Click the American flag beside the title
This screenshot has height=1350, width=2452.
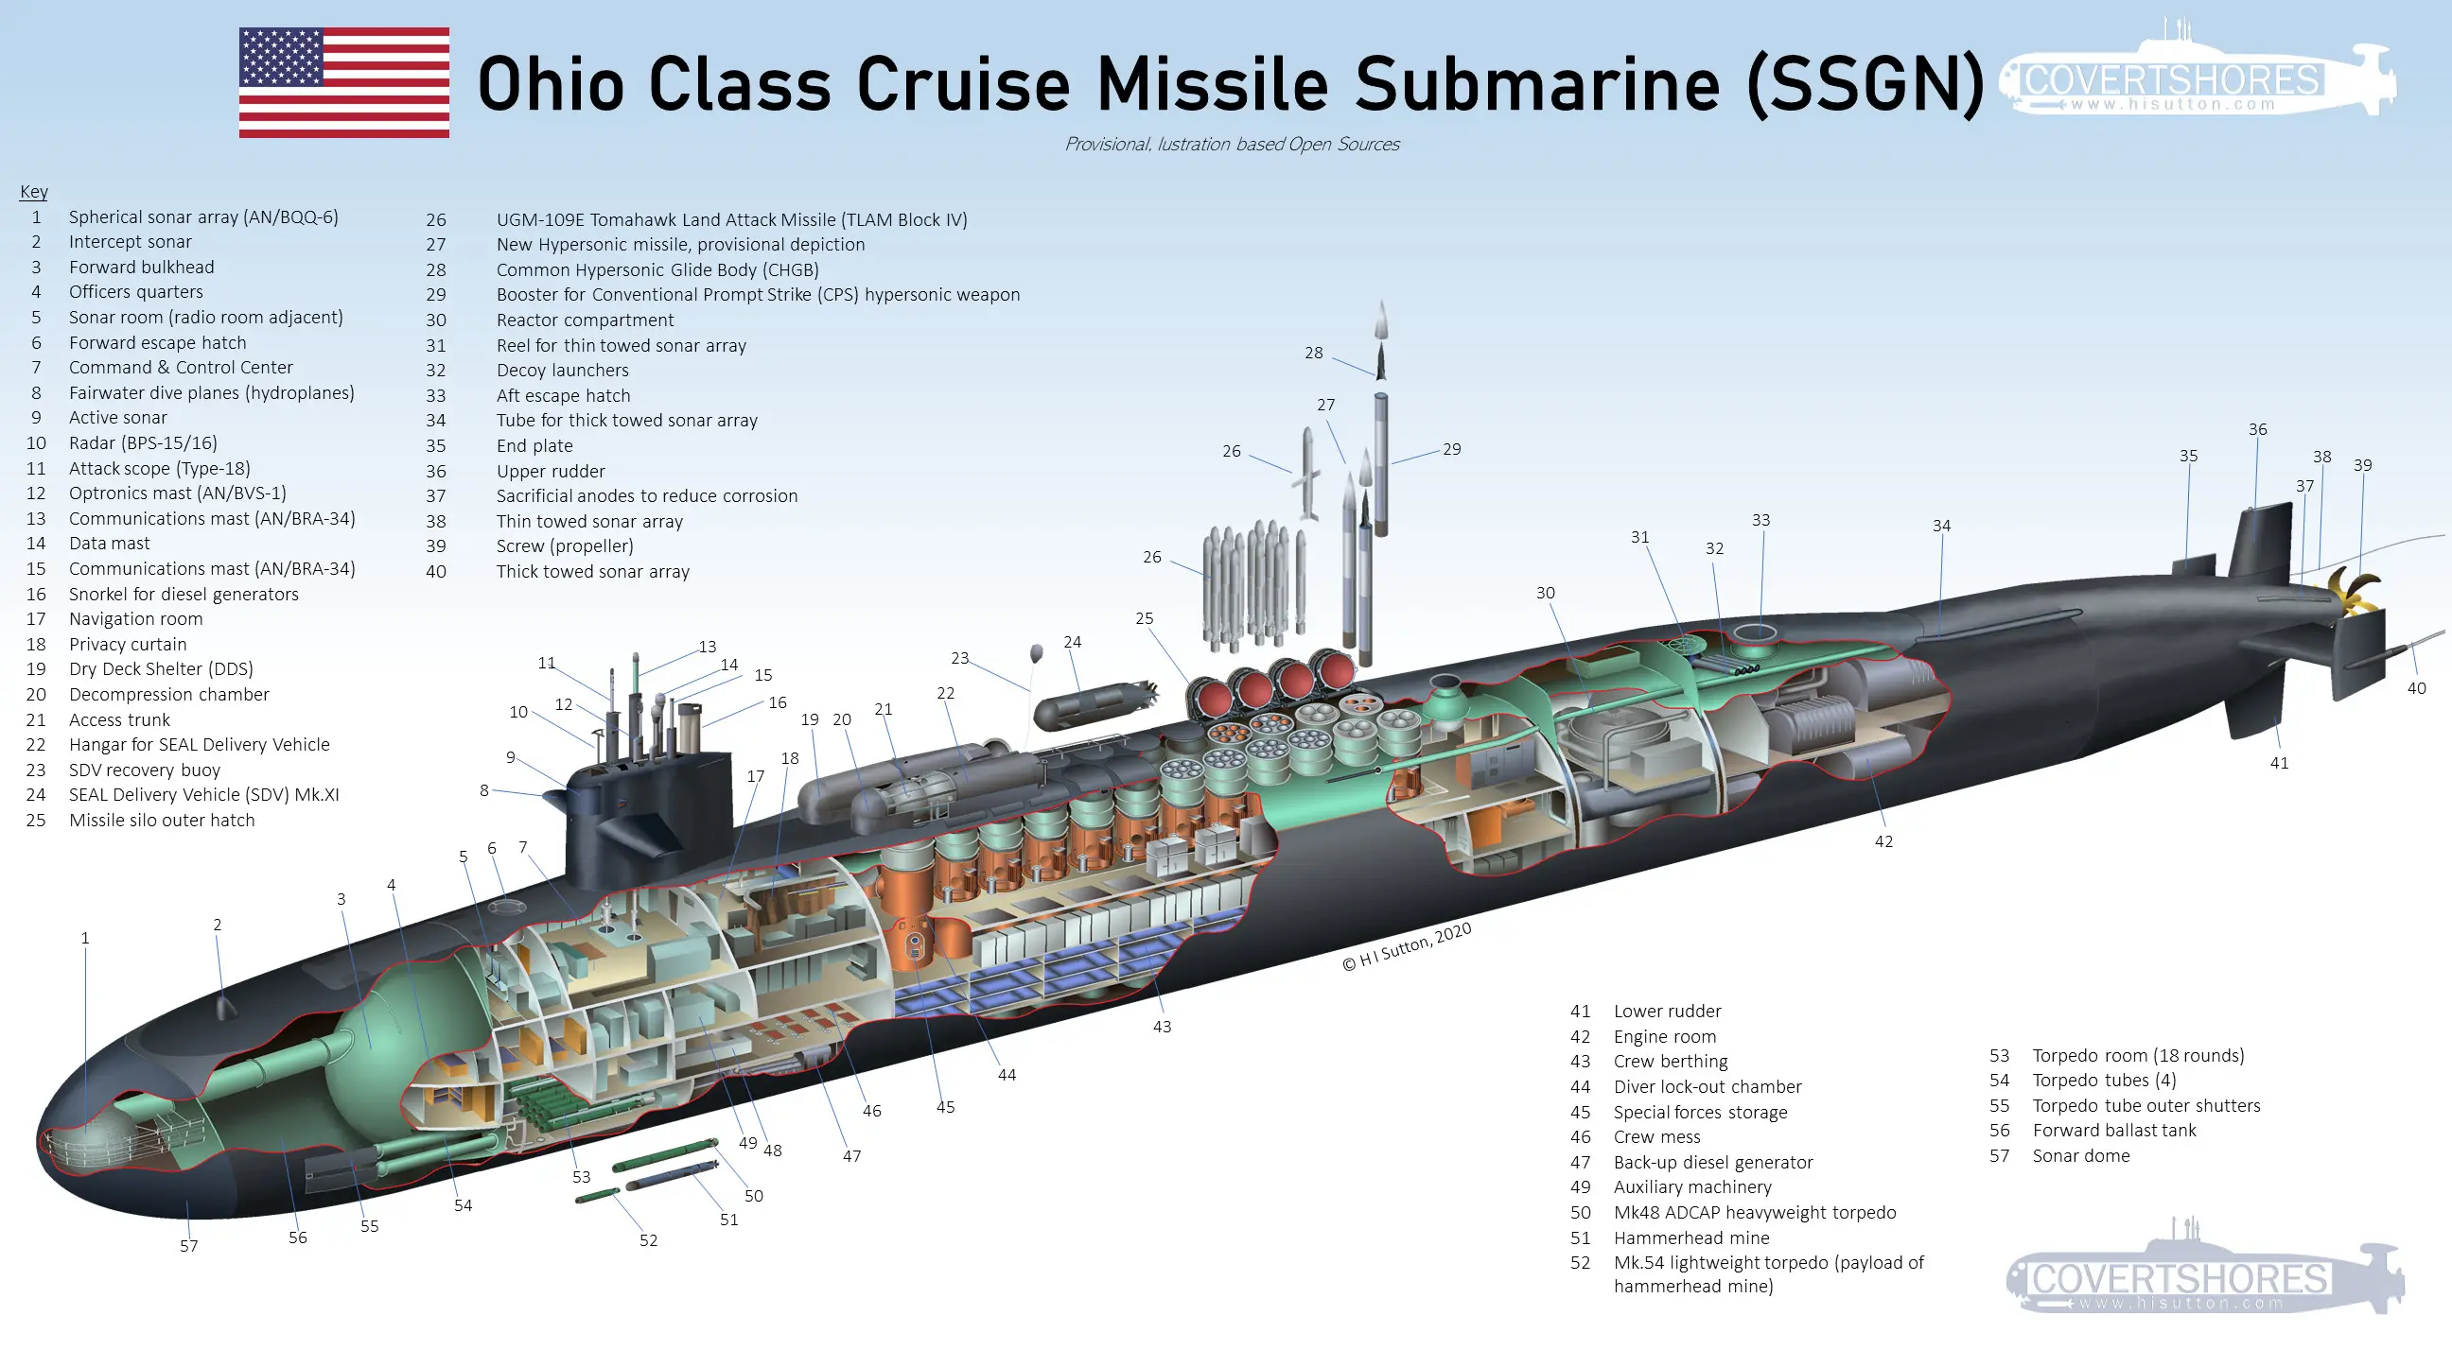(x=343, y=83)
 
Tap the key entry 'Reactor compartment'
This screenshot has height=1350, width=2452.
(x=585, y=320)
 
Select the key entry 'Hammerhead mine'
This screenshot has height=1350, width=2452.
(x=1690, y=1237)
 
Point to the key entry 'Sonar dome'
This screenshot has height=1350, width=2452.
(x=2081, y=1156)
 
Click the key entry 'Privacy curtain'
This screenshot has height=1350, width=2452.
(x=128, y=644)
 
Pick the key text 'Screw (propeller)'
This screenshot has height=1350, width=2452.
(x=565, y=546)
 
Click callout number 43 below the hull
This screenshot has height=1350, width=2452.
(x=1162, y=1027)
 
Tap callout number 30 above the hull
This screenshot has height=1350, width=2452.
(x=1545, y=593)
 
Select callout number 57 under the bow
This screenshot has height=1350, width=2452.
(x=188, y=1245)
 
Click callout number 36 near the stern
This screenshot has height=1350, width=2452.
(x=2257, y=429)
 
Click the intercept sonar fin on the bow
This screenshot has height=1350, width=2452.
(x=224, y=1007)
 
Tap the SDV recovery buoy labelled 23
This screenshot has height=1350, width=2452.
(x=1037, y=652)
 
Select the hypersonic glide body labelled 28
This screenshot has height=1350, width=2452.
(x=1381, y=359)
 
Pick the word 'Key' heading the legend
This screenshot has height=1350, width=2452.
(x=33, y=191)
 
